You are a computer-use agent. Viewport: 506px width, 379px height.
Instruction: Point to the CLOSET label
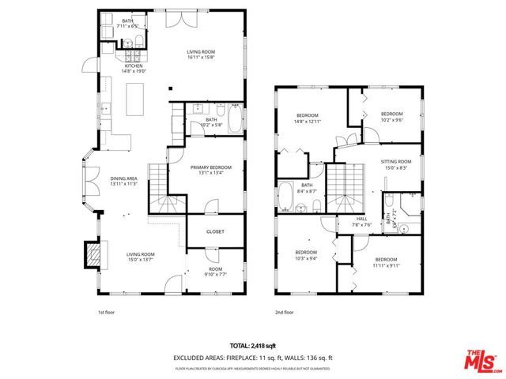[215, 231]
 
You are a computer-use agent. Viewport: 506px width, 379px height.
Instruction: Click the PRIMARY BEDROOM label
[210, 167]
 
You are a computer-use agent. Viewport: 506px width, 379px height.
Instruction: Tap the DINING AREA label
[124, 178]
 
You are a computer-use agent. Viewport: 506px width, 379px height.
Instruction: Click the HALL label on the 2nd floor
[361, 219]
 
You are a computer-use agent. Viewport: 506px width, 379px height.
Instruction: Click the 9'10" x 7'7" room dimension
[215, 274]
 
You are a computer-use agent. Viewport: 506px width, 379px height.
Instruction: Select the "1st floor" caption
[107, 313]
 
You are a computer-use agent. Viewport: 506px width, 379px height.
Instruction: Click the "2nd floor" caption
[284, 313]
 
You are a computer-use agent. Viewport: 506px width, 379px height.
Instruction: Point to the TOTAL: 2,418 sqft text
[253, 346]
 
